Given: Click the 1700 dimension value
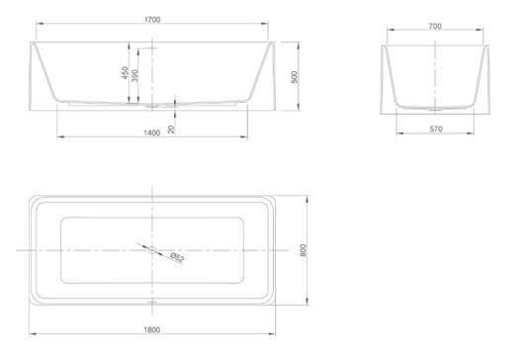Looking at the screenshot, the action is pyautogui.click(x=152, y=20).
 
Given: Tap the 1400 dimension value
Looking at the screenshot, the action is pyautogui.click(x=152, y=133).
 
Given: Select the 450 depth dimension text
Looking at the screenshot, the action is pyautogui.click(x=125, y=73).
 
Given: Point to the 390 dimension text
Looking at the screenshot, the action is pyautogui.click(x=134, y=75).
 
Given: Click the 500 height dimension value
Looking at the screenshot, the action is pyautogui.click(x=295, y=77).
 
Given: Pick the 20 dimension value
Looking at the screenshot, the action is pyautogui.click(x=171, y=130).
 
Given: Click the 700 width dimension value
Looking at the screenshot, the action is pyautogui.click(x=435, y=27).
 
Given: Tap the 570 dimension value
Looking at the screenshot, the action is pyautogui.click(x=436, y=129).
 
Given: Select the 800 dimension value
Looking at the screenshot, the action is pyautogui.click(x=303, y=250).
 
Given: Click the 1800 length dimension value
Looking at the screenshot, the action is pyautogui.click(x=152, y=329).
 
